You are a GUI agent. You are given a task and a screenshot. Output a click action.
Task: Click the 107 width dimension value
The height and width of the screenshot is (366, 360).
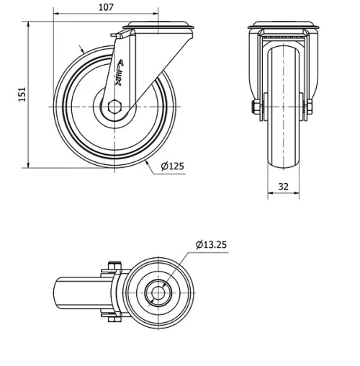pos(106,7)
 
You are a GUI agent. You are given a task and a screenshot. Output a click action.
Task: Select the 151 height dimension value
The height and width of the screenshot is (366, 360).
pos(22,94)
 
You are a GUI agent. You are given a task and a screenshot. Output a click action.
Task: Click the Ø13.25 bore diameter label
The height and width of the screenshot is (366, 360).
pos(211,244)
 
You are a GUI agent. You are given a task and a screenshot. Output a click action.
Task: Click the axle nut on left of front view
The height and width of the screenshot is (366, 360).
pos(256,109)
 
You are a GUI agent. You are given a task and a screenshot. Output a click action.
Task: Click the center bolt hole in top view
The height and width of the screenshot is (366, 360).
pos(157,293)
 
